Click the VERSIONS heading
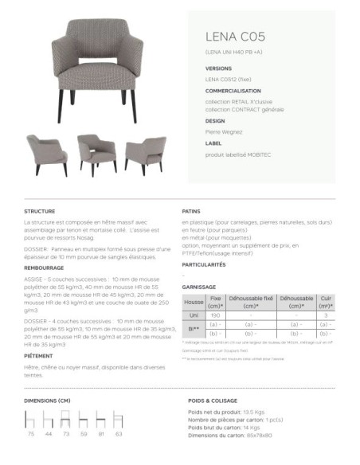point(218,69)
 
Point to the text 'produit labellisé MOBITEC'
point(239,154)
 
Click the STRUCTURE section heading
point(40,211)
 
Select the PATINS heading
point(191,211)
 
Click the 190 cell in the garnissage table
point(215,315)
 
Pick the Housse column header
point(194,302)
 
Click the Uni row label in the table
point(194,315)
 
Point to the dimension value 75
point(31,435)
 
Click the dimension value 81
point(101,435)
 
